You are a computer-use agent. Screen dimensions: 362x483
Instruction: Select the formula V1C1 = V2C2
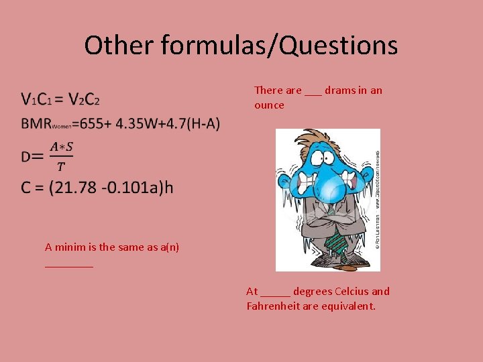pos(60,100)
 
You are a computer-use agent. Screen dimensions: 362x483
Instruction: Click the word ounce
pos(269,105)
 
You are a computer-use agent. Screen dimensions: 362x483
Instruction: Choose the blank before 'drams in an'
pos(313,92)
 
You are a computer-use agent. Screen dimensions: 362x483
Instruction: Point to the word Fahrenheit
pos(274,306)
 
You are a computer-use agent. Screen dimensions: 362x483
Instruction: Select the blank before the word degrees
pos(276,293)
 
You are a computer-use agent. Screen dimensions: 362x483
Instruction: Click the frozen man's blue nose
pos(327,191)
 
